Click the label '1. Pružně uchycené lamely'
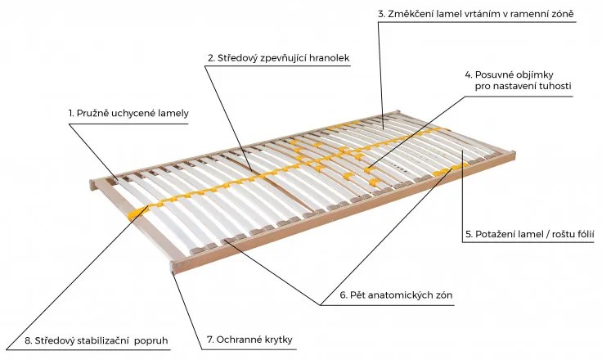[x=128, y=113]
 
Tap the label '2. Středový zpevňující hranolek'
[x=278, y=58]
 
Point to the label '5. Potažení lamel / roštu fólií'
[x=529, y=234]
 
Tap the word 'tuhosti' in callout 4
[x=555, y=86]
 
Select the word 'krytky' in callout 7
[x=276, y=340]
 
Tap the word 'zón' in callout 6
[x=443, y=294]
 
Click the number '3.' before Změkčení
[x=381, y=15]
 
